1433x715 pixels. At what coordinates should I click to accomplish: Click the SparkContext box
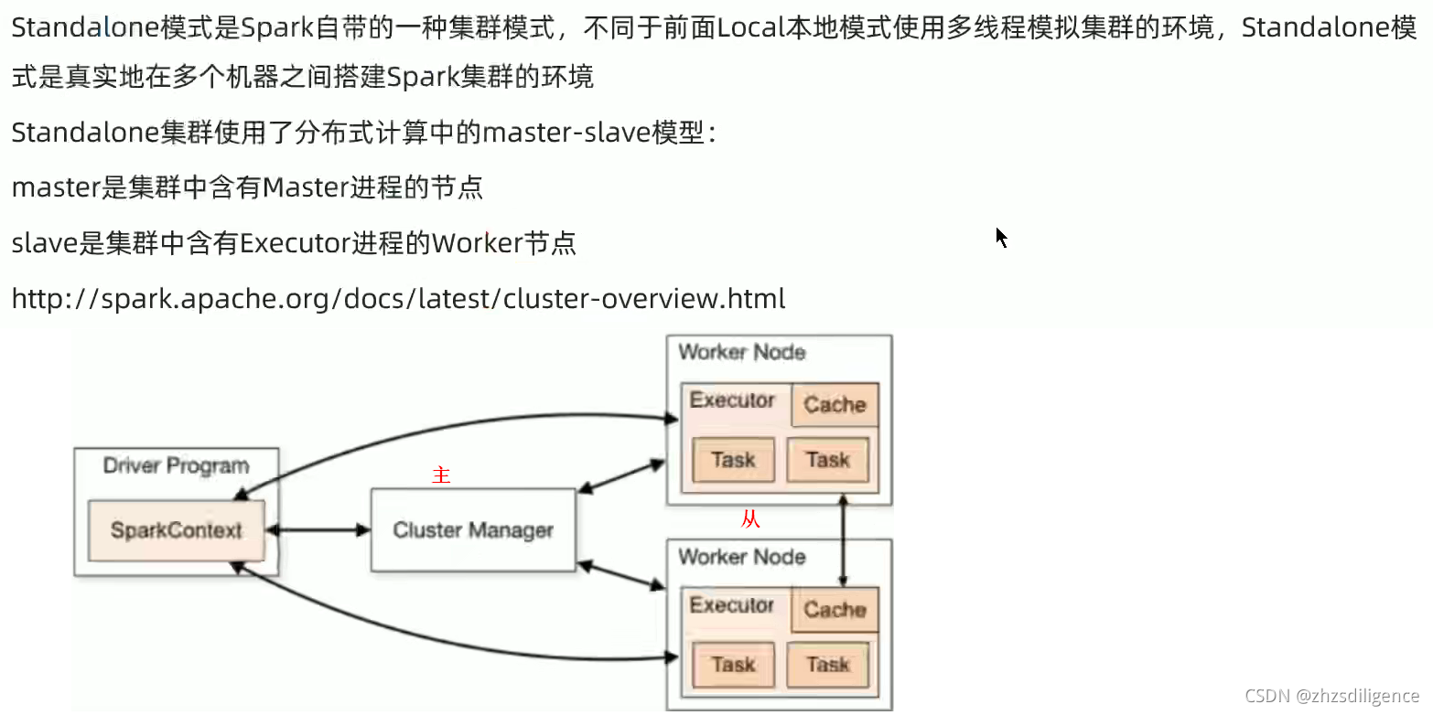[176, 530]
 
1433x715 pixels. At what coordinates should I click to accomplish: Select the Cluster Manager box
[473, 530]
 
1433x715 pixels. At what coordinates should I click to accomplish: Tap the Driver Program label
[176, 465]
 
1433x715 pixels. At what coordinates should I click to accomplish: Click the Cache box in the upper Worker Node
[835, 405]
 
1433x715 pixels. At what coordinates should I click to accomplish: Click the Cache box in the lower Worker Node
[835, 610]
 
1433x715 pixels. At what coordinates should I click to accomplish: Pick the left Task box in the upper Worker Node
[734, 460]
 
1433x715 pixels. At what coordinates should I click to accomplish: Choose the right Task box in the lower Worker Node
[828, 665]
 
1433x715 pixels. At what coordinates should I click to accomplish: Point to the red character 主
[442, 475]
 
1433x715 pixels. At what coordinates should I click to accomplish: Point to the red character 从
[750, 520]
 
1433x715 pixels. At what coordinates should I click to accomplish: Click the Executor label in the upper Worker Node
[732, 400]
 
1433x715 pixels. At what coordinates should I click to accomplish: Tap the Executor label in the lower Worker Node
[732, 605]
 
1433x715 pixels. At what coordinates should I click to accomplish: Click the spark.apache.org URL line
[398, 299]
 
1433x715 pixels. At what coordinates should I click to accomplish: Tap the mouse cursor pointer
[1000, 236]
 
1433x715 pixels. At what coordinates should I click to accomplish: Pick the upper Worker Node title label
[742, 352]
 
